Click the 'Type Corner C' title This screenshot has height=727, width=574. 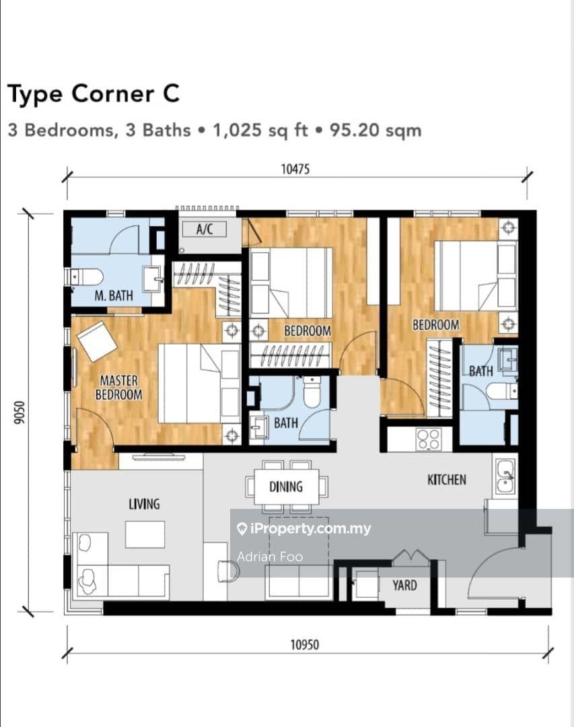(94, 94)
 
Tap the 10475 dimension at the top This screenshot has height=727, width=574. (295, 170)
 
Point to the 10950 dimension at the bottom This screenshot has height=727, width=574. (304, 644)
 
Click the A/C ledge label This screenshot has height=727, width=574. (205, 230)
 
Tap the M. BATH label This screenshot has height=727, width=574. (114, 295)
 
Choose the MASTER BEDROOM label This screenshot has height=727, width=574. (118, 388)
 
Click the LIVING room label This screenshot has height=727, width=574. (144, 504)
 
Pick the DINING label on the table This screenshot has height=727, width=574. (286, 487)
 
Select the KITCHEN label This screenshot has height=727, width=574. (447, 479)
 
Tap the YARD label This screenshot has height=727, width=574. (404, 585)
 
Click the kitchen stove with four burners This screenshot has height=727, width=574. (429, 439)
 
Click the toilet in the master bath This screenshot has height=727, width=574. (86, 277)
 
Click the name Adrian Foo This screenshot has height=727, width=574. (270, 557)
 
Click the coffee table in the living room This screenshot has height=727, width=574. (145, 534)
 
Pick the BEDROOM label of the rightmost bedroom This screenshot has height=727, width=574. (435, 324)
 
